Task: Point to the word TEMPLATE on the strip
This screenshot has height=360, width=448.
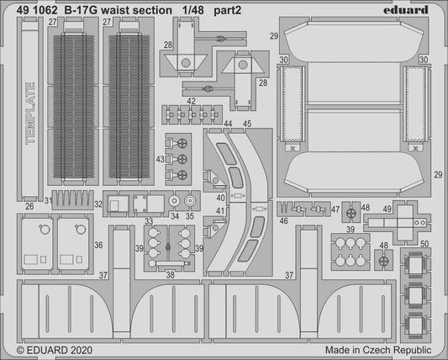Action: pos(32,113)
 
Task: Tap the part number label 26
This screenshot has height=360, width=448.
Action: pos(30,205)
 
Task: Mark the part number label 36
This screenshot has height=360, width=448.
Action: pos(99,245)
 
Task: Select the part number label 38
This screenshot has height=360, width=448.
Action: pos(170,273)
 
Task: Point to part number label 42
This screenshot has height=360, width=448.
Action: pos(192,101)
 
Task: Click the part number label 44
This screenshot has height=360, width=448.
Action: pos(229,124)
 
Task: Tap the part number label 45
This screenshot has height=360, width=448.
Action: pos(247,124)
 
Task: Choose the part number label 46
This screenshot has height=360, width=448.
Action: pos(283,220)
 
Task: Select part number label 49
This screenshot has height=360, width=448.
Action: pos(387,209)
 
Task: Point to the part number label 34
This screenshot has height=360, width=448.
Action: pos(174,215)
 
